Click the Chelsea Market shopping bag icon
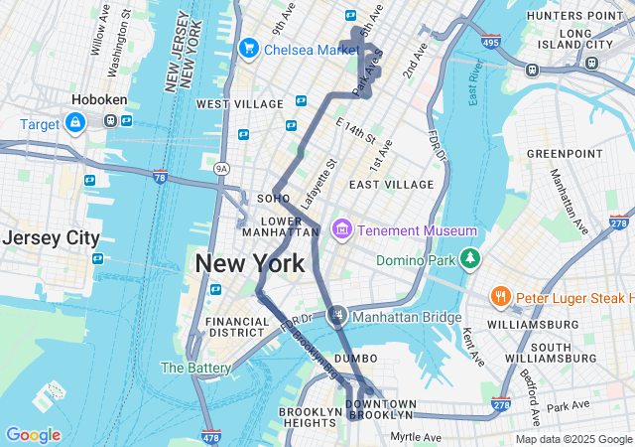click(x=248, y=48)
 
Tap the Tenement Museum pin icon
click(x=342, y=230)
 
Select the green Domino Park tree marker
click(x=469, y=260)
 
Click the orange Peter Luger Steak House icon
click(x=501, y=297)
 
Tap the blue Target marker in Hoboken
click(x=74, y=122)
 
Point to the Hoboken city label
click(x=96, y=100)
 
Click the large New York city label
click(x=250, y=264)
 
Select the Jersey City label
click(x=51, y=238)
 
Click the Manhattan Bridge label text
click(x=407, y=318)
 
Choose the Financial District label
click(x=237, y=329)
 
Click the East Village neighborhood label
click(x=391, y=185)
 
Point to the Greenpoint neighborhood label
click(x=565, y=154)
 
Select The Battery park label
click(x=195, y=368)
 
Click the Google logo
click(x=33, y=435)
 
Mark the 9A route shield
click(x=222, y=169)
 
